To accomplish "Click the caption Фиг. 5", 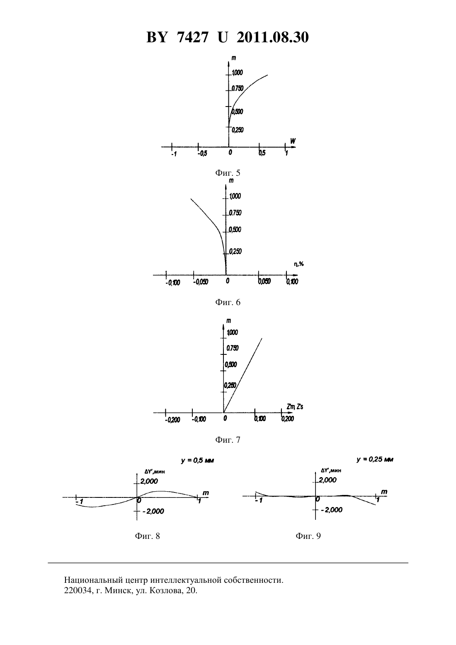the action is [228, 173].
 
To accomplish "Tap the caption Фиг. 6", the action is [228, 302].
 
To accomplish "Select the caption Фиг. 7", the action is [228, 440].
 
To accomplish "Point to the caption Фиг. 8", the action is [148, 536].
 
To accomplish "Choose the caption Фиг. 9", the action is [308, 536].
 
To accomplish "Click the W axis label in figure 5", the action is [293, 141].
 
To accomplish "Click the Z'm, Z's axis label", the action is [295, 407].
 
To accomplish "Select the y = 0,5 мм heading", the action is [197, 461].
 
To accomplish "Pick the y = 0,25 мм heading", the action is [375, 460].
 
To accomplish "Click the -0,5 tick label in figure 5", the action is [202, 153].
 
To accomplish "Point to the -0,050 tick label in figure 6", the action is [201, 282].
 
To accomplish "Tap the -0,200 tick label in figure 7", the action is [172, 420].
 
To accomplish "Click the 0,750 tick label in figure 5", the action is [238, 88].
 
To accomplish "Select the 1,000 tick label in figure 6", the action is [235, 196].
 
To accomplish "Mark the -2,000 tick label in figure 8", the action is [153, 511].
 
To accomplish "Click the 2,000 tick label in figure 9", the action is [327, 480].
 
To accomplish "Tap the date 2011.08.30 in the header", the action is [273, 37].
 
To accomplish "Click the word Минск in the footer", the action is [114, 591].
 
